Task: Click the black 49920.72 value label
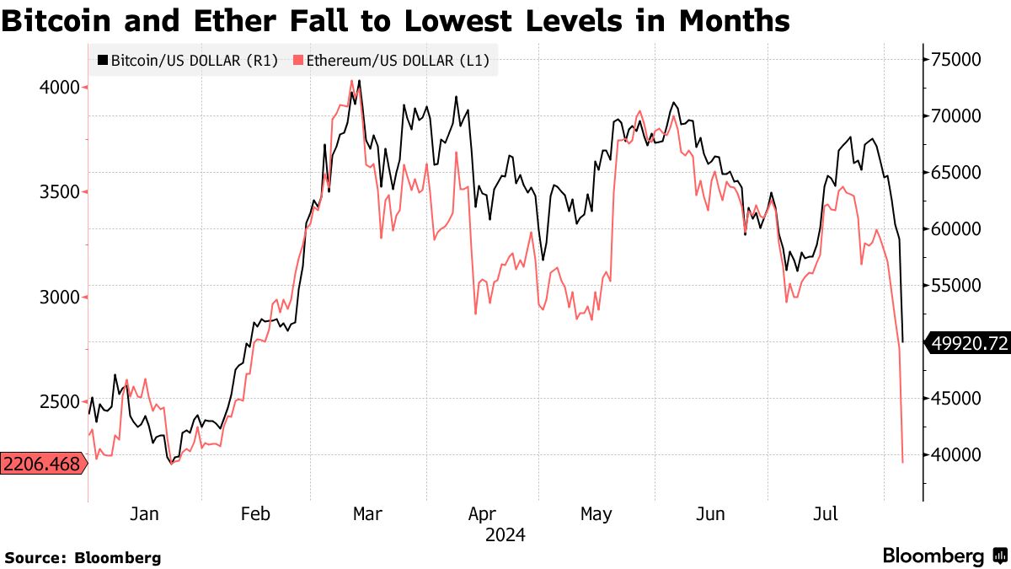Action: (969, 343)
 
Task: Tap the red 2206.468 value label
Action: (42, 464)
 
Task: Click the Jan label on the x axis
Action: (144, 513)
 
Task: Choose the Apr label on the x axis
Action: (481, 513)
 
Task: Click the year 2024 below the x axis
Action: (505, 535)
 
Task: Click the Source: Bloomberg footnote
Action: (83, 557)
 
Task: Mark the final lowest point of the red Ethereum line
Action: (903, 462)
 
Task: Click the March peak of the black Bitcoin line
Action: (359, 82)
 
